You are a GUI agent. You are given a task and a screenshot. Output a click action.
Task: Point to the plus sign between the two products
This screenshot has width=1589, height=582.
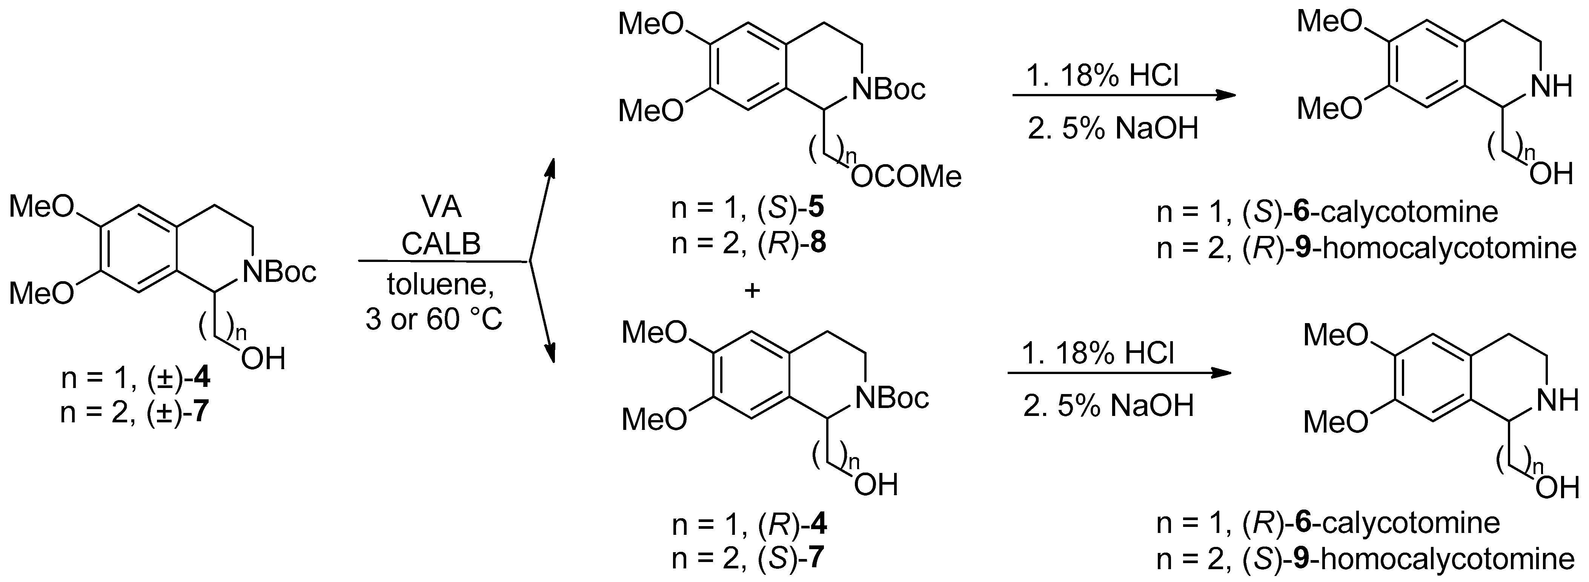point(752,291)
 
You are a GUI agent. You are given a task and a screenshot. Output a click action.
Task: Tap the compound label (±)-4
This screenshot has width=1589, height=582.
point(178,378)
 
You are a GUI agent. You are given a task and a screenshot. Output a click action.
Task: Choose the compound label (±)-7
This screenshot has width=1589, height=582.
point(178,412)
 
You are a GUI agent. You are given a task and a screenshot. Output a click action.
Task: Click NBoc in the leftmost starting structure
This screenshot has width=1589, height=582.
point(280,271)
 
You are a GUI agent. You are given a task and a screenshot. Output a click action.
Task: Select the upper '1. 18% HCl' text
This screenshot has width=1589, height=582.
point(1102,77)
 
